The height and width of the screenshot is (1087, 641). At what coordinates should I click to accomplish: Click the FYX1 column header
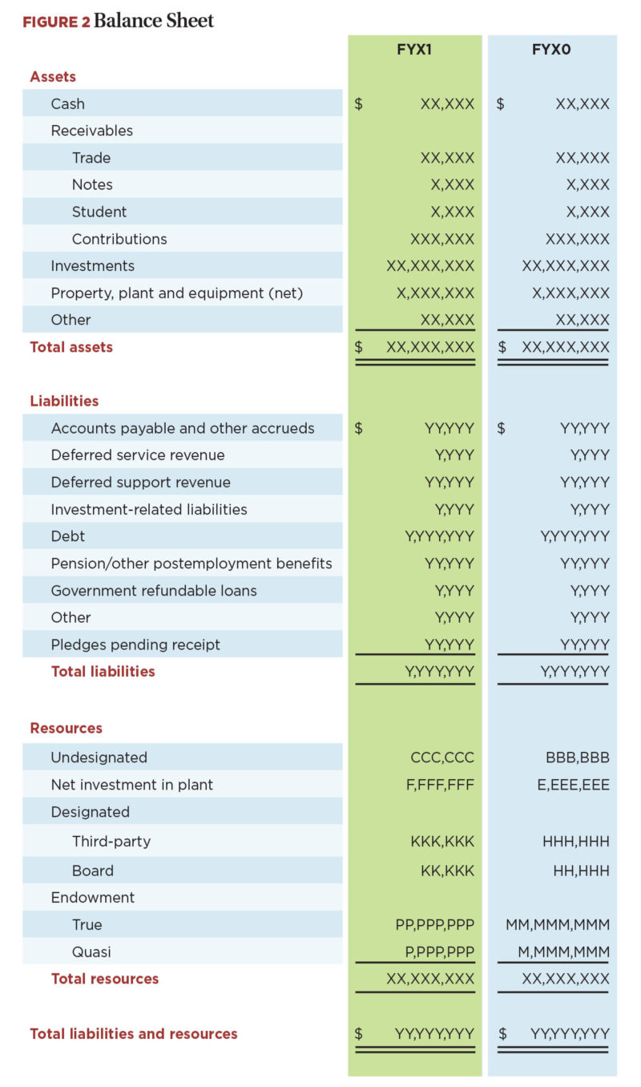[x=414, y=50]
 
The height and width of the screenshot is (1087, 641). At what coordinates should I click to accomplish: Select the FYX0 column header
[x=551, y=50]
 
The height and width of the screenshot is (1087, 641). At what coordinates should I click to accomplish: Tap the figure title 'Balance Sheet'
[x=154, y=21]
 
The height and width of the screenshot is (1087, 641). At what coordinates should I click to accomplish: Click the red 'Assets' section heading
[x=53, y=77]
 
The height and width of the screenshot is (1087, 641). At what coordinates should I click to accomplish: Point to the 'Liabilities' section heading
[x=64, y=401]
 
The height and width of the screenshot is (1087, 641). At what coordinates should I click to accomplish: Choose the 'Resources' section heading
[x=66, y=728]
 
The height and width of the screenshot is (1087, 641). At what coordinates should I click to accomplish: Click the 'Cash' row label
[x=67, y=103]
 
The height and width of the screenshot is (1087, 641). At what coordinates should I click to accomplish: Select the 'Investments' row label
[x=92, y=265]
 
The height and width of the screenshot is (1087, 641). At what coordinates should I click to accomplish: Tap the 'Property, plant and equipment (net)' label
[x=177, y=293]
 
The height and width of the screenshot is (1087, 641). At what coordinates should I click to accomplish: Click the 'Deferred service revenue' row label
[x=138, y=455]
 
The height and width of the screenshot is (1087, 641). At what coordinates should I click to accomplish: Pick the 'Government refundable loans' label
[x=154, y=590]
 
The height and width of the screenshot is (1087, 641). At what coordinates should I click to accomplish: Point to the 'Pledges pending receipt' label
[x=135, y=645]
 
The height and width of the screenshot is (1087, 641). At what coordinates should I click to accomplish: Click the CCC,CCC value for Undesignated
[x=441, y=758]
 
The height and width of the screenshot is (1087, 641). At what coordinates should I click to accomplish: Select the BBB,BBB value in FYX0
[x=577, y=758]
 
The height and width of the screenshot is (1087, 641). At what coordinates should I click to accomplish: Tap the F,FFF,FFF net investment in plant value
[x=440, y=785]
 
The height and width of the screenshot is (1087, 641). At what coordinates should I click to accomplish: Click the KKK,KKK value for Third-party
[x=442, y=842]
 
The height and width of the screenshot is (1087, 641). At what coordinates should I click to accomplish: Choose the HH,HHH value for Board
[x=581, y=871]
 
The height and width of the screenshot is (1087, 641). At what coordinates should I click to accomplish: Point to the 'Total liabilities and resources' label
[x=134, y=1033]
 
